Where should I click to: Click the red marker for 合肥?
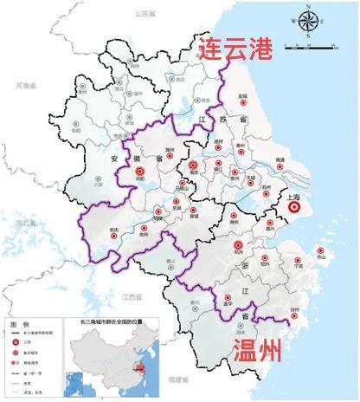pyautogui.click(x=140, y=173)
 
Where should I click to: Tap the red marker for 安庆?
pyautogui.click(x=114, y=230)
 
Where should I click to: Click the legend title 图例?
pyautogui.click(x=20, y=322)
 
